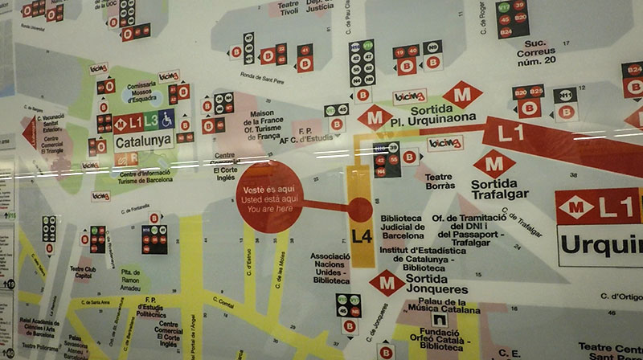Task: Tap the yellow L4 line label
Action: click(361, 236)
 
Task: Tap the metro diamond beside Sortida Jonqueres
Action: click(387, 283)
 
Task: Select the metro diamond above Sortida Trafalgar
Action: click(494, 164)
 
